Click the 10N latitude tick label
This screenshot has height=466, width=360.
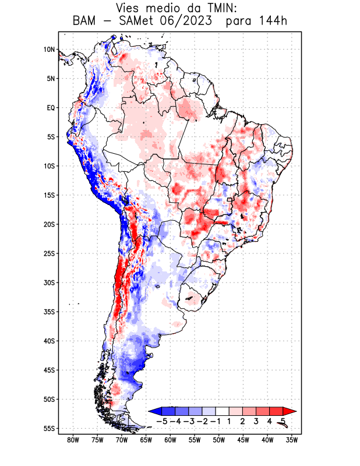point(49,50)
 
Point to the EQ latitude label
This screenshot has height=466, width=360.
point(50,108)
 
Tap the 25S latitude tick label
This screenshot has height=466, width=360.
point(48,253)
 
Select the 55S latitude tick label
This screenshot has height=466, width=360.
point(48,428)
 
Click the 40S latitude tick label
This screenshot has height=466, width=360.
point(48,341)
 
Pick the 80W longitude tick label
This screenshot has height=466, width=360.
point(73,440)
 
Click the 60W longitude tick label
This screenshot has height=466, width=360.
point(170,440)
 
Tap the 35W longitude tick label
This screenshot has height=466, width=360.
point(292,440)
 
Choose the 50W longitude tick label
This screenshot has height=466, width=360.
point(219,440)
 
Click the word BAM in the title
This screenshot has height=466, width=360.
point(86,22)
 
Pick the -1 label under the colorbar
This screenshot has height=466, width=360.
point(216,421)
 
